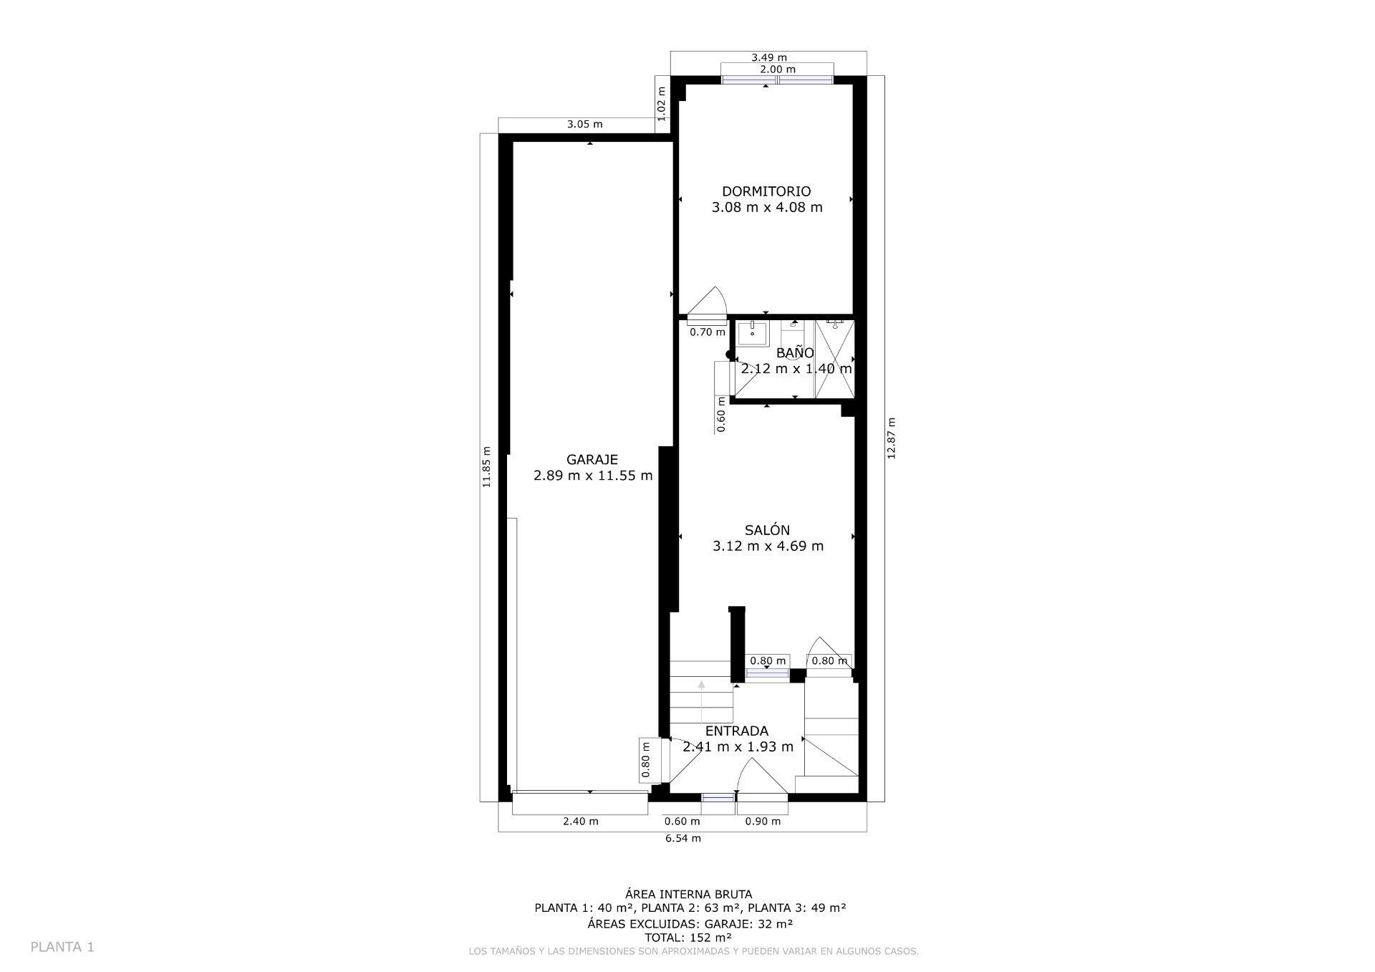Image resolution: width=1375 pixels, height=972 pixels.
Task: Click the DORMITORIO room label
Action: (766, 191)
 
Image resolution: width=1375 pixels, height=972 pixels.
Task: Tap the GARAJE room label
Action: (592, 460)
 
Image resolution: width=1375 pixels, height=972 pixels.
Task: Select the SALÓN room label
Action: (767, 530)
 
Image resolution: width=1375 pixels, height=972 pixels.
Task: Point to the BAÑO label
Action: (795, 352)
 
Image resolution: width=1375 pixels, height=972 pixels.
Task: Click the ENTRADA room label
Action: (737, 731)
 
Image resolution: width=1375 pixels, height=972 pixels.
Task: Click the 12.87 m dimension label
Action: (892, 438)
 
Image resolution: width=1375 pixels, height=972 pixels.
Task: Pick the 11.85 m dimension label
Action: (486, 467)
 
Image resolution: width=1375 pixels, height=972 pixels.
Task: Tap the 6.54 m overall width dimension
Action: (683, 838)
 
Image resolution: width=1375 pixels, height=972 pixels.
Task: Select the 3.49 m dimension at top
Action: (769, 57)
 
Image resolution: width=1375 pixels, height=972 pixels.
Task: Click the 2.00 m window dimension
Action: (778, 69)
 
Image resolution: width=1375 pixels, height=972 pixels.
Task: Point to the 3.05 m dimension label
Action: (585, 124)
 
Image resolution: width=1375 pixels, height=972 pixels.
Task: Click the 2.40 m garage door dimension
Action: (581, 822)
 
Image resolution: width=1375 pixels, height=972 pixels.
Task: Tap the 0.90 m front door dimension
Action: (763, 822)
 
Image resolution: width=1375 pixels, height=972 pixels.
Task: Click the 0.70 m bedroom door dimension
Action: (708, 332)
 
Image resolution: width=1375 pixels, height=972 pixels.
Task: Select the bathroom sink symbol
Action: (753, 333)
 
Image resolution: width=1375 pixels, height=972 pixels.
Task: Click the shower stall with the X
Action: (835, 359)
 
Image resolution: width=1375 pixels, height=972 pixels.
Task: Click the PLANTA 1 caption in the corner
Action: (62, 947)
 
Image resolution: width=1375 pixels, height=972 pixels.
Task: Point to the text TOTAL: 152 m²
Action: (688, 938)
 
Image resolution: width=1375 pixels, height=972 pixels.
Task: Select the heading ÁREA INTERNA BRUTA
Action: (689, 894)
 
